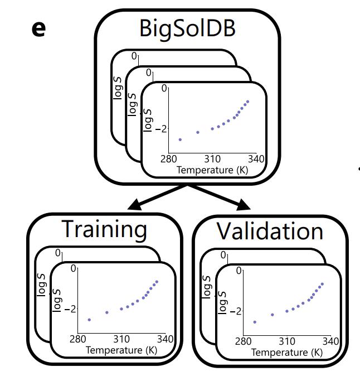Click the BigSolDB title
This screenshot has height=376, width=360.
click(x=187, y=28)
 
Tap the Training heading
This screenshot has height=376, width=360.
click(x=104, y=229)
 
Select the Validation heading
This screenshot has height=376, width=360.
click(x=270, y=230)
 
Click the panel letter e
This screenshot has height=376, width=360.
click(x=38, y=28)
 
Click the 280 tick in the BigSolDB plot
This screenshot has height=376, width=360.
click(x=169, y=159)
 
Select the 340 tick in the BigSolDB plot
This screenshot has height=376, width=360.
click(x=256, y=159)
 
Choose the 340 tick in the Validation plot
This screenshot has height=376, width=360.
click(x=330, y=341)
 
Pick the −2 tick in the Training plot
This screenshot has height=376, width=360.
click(x=69, y=308)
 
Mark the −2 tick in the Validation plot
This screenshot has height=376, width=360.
click(x=235, y=311)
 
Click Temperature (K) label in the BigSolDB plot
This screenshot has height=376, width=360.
click(x=212, y=169)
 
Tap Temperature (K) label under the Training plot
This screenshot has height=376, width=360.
click(x=121, y=350)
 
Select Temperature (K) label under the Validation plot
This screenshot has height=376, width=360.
click(x=286, y=352)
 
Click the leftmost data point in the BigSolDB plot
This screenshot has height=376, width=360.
click(x=180, y=139)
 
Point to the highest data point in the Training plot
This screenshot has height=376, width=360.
click(x=157, y=282)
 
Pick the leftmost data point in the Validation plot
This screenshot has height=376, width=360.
click(x=255, y=322)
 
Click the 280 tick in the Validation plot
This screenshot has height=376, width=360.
click(x=244, y=341)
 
